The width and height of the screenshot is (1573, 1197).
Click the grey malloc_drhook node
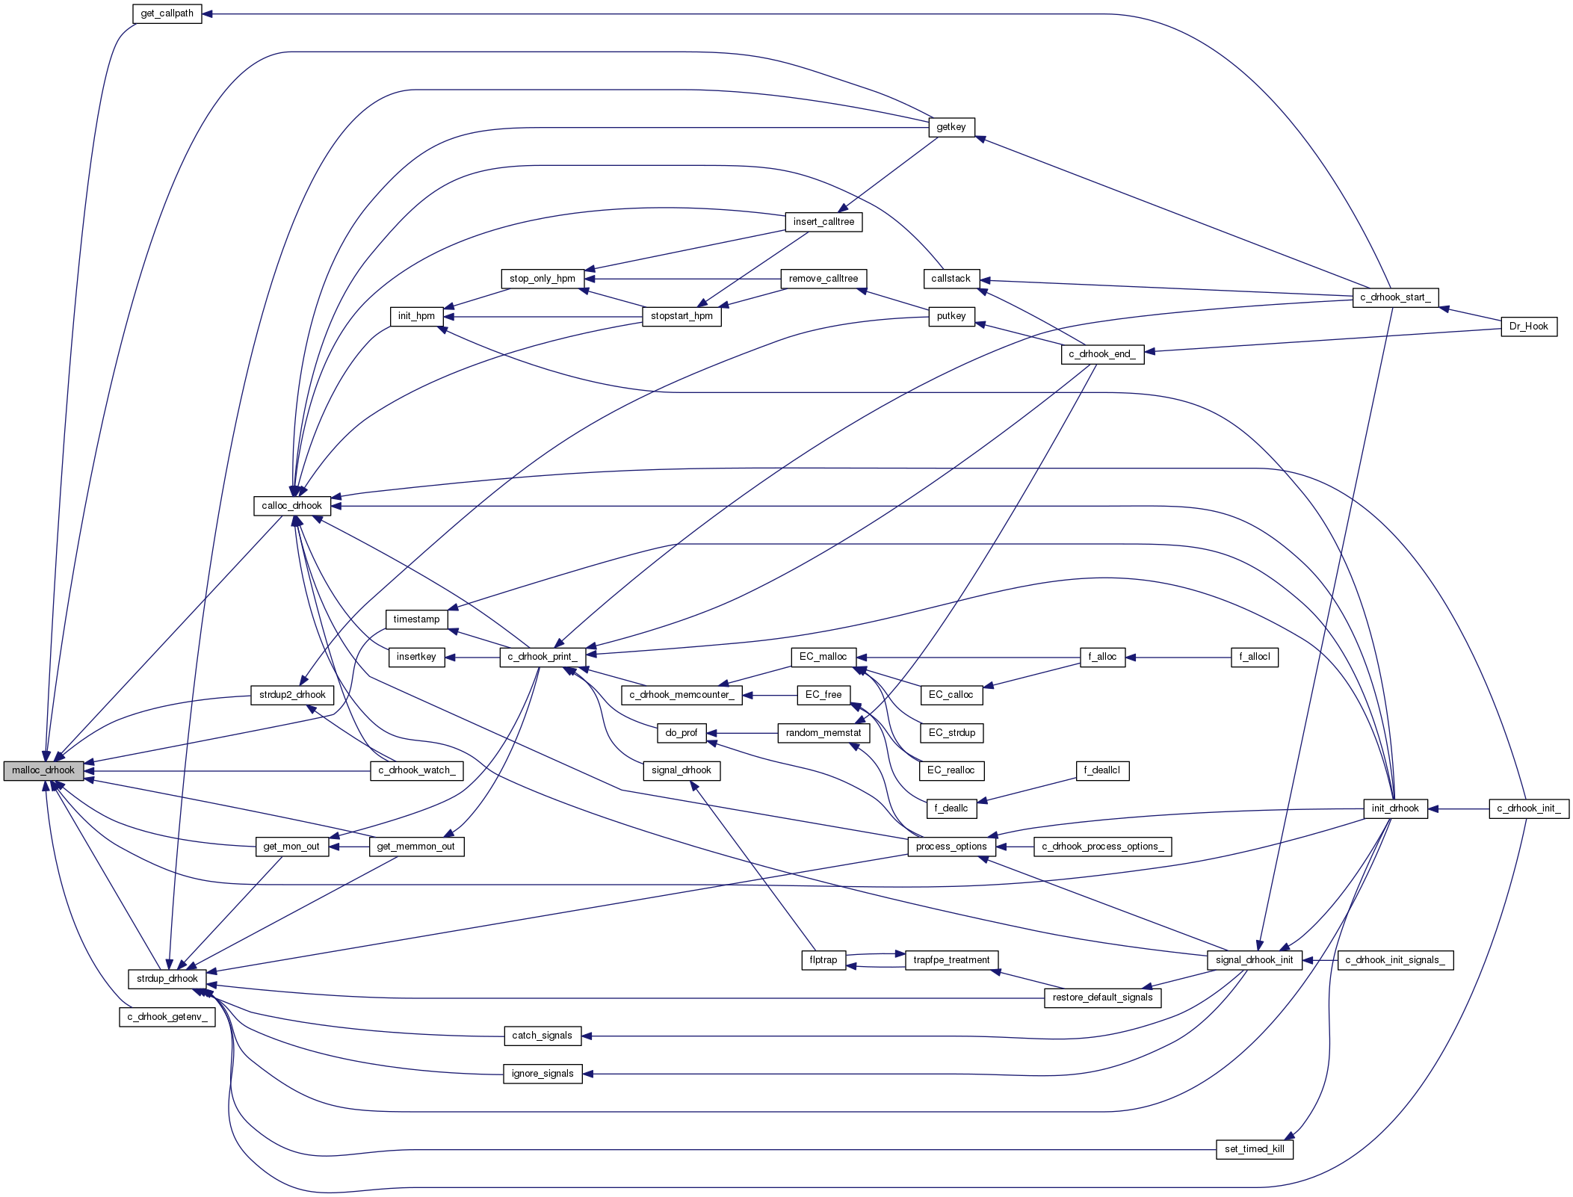pos(43,770)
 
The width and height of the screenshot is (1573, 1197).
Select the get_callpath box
pos(167,13)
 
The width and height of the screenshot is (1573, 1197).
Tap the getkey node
pos(951,127)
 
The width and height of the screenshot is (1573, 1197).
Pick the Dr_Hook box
pos(1529,327)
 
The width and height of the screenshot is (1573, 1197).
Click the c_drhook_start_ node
pos(1395,297)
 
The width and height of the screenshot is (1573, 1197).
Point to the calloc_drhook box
pos(291,506)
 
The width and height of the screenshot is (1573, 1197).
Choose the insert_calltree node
pos(823,222)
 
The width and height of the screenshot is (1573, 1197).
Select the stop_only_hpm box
pos(542,279)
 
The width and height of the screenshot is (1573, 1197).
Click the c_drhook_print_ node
pos(542,657)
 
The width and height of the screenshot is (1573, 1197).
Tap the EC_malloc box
pos(823,657)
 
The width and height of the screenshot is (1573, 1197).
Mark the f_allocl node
pos(1255,657)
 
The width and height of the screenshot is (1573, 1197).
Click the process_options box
pos(951,847)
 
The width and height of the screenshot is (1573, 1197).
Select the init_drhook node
pos(1395,808)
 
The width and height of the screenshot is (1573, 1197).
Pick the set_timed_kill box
pos(1255,1149)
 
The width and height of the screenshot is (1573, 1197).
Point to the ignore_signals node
pos(543,1074)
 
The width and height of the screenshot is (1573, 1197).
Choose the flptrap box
pos(823,960)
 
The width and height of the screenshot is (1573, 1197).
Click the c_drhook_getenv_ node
pos(167,1017)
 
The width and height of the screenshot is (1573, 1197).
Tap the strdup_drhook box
pos(167,979)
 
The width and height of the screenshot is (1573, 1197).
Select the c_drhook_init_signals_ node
pos(1395,960)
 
